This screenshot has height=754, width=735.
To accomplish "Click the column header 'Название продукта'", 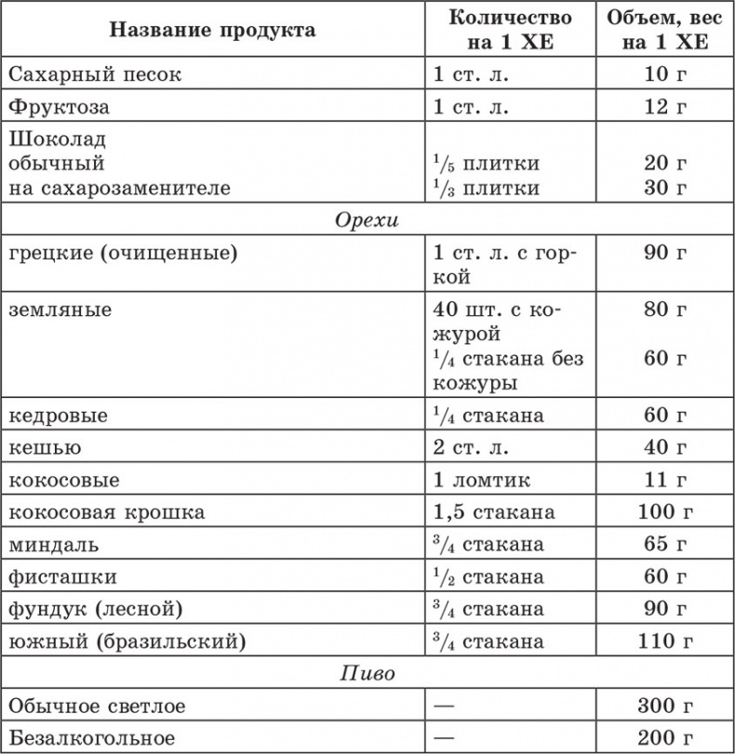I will point(212,30).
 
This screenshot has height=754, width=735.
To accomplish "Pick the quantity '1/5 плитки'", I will point(486,164).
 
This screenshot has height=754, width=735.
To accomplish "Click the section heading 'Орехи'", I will point(367,221).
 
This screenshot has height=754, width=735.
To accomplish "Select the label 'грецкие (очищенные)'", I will point(121,253).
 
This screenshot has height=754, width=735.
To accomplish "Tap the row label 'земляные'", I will point(59,310).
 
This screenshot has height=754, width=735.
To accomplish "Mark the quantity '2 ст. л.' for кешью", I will point(471,448).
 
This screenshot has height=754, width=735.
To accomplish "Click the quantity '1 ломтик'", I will point(481,481).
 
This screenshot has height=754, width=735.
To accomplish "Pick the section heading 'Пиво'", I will point(367,674).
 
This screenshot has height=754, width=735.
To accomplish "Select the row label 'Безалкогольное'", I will point(90,738).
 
